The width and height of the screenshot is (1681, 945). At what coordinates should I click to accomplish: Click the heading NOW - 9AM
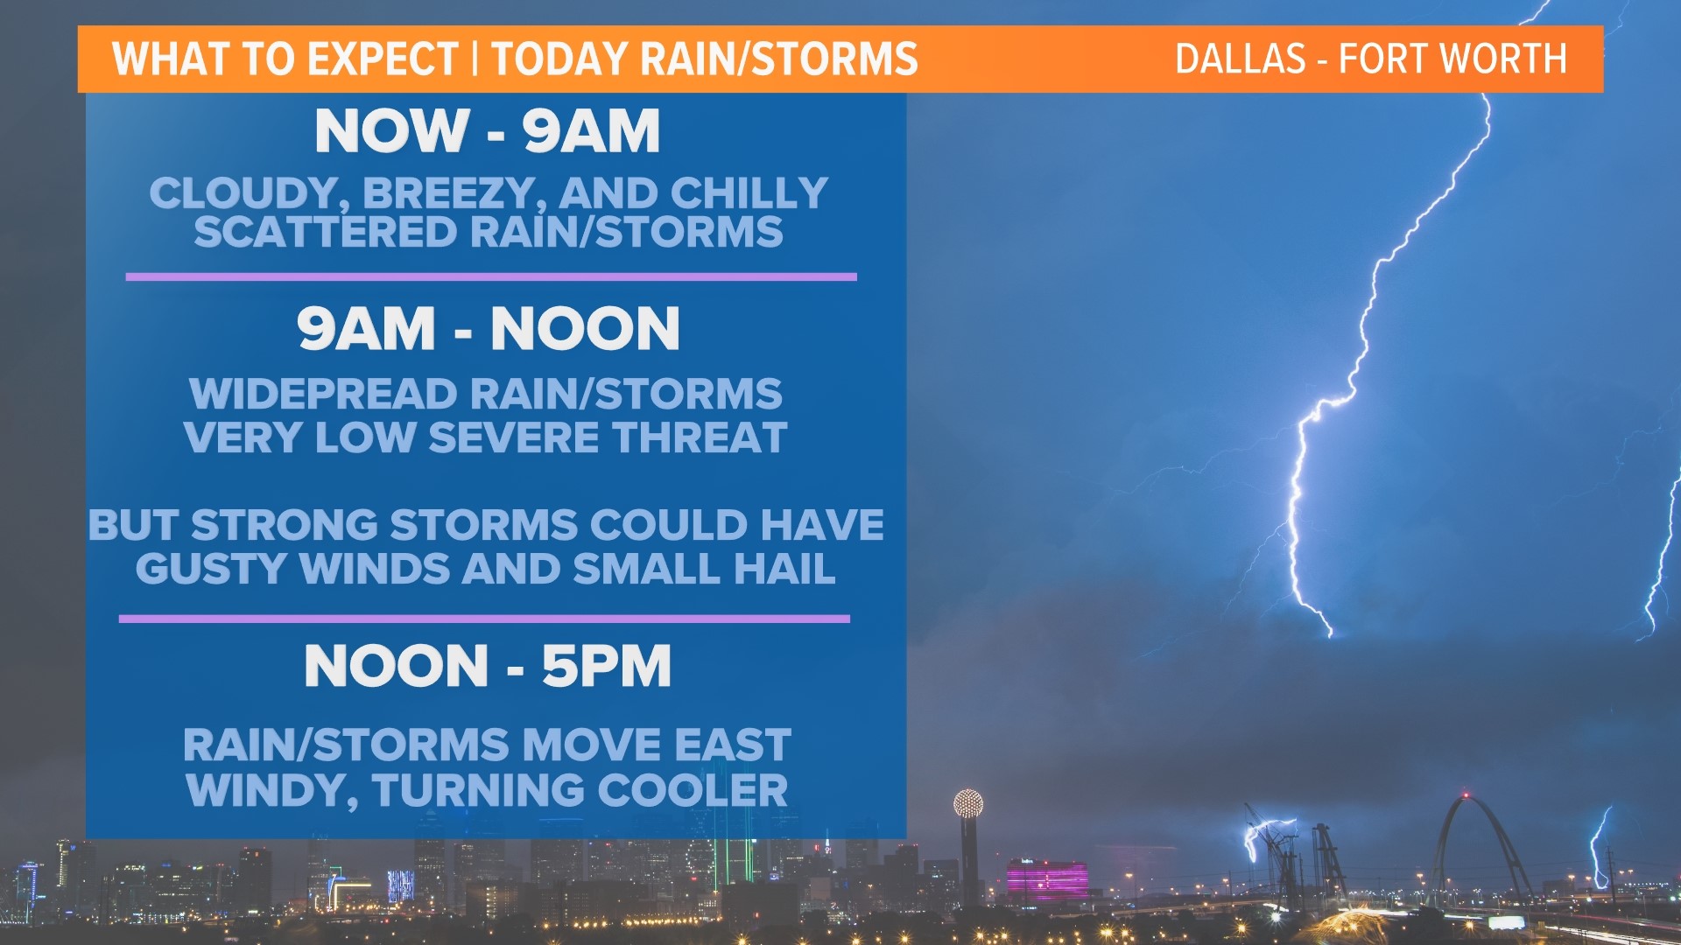(x=487, y=131)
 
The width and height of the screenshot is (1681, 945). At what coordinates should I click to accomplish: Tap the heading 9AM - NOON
(x=488, y=329)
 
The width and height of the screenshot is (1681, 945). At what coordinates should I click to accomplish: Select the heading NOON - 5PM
(x=488, y=667)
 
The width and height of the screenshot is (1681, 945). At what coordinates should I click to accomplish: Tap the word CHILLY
(x=749, y=193)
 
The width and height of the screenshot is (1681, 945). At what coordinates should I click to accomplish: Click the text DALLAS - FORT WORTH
(x=1370, y=59)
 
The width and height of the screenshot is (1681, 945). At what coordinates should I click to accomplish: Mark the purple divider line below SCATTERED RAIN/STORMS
(x=490, y=276)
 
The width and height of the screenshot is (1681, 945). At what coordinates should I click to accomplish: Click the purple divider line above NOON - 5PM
(x=484, y=619)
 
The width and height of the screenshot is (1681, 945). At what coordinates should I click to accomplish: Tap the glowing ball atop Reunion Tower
(x=967, y=803)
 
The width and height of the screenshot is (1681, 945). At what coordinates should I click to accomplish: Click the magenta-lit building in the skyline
(x=1047, y=878)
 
